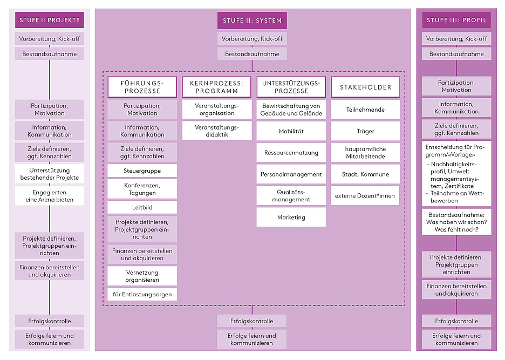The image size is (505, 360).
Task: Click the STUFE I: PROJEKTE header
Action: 49,20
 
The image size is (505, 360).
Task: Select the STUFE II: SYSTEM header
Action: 252,21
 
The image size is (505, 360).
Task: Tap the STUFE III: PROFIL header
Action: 456,20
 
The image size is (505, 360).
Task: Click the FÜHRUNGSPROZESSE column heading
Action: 142,87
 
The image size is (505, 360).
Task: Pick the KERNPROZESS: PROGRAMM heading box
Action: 216,87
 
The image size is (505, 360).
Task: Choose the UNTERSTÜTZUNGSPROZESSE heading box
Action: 291,87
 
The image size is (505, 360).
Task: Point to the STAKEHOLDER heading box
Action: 365,87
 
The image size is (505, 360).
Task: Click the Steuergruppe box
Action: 142,171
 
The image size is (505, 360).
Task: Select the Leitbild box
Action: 142,207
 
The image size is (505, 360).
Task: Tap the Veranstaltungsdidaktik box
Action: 216,131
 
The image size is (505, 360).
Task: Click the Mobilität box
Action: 291,131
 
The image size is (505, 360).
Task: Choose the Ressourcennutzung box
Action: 291,153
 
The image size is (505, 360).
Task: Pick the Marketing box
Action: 291,218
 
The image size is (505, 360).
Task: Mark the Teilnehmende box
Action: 365,110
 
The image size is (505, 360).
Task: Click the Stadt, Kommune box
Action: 365,174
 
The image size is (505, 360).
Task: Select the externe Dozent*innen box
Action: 365,195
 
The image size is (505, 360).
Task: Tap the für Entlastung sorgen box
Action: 142,294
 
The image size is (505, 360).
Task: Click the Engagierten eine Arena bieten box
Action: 49,196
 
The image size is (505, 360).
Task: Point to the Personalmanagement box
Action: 291,174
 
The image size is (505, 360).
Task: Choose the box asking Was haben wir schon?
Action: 456,222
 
